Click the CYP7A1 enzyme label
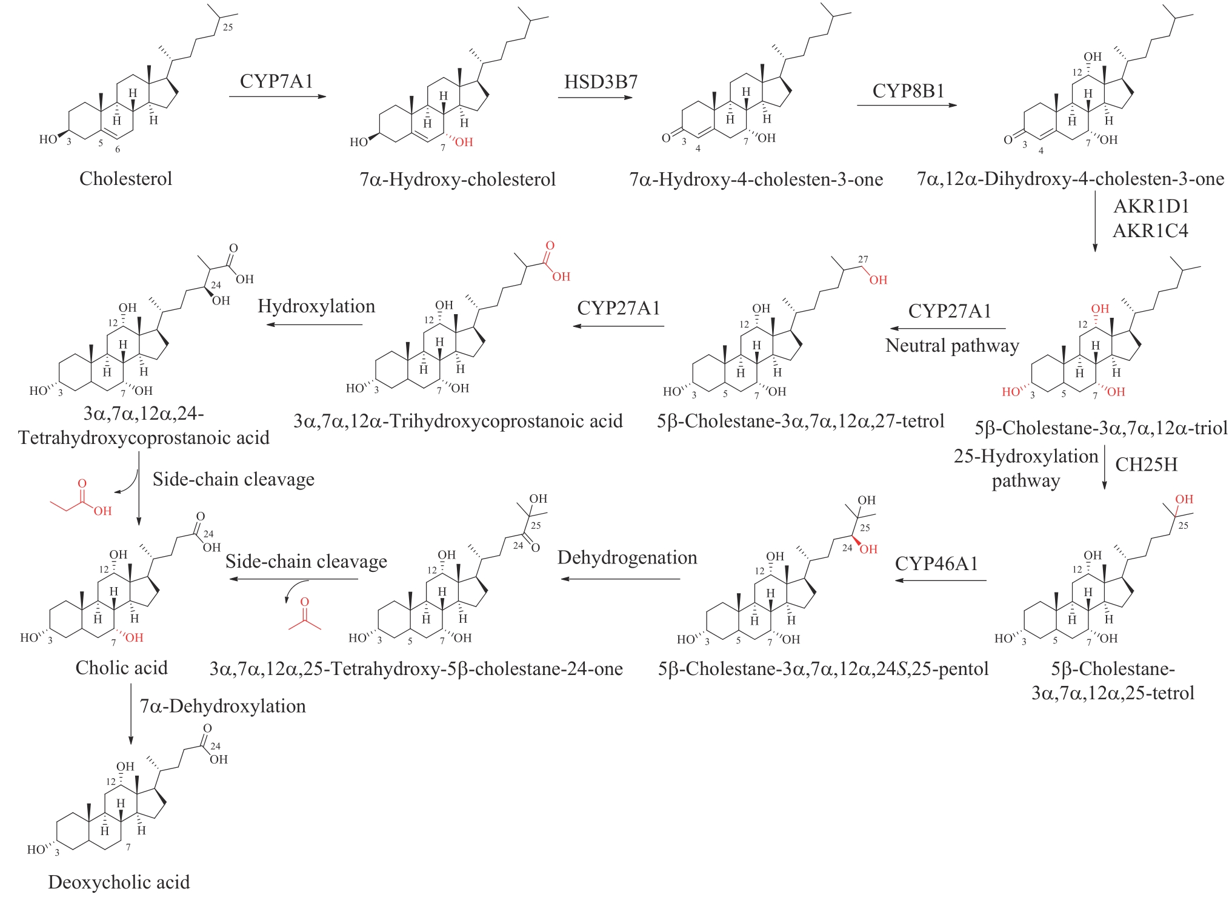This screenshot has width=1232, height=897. tap(276, 81)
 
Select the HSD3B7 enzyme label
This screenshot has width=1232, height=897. tap(601, 82)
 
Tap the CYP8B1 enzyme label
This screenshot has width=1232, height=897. tap(908, 91)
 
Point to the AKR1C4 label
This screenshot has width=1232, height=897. tap(1150, 231)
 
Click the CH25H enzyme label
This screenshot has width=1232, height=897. tap(1146, 465)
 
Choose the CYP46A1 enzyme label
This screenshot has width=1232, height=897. tap(936, 563)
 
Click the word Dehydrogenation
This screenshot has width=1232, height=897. tap(627, 558)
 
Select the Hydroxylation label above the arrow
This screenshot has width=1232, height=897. tap(316, 306)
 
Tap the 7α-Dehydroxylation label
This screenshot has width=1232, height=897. tap(222, 706)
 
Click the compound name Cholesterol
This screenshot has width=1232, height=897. tap(125, 179)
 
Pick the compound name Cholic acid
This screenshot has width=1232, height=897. tap(121, 668)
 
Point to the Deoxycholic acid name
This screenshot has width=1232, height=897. tap(119, 882)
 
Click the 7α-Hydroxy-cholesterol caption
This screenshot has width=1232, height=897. tap(458, 180)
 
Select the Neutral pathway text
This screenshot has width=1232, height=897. tap(952, 346)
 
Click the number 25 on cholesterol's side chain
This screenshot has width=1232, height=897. tap(227, 27)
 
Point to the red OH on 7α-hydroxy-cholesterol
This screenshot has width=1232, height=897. tap(464, 143)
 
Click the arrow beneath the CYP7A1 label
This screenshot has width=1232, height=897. tap(277, 96)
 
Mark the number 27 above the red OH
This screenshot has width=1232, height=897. tap(863, 260)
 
